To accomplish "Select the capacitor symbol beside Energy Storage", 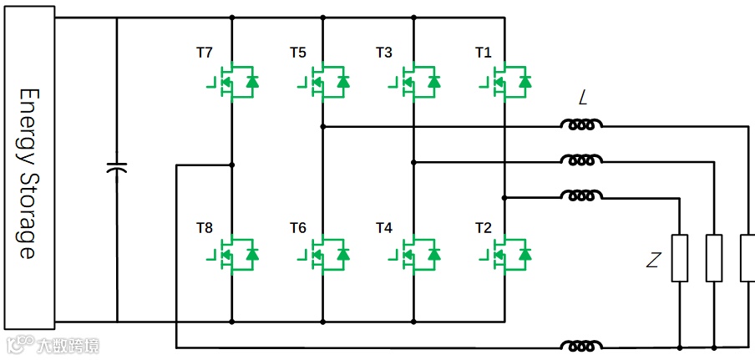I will tap(118, 169).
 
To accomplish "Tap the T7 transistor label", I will tap(205, 53).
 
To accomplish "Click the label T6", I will tap(298, 228).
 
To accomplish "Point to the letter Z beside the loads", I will tap(653, 261).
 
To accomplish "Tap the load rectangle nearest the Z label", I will tap(681, 258).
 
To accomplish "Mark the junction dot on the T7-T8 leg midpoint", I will tap(232, 165).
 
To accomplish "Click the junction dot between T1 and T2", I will tap(504, 198).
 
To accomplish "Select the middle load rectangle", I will tap(714, 258).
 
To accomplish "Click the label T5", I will tap(298, 53).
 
